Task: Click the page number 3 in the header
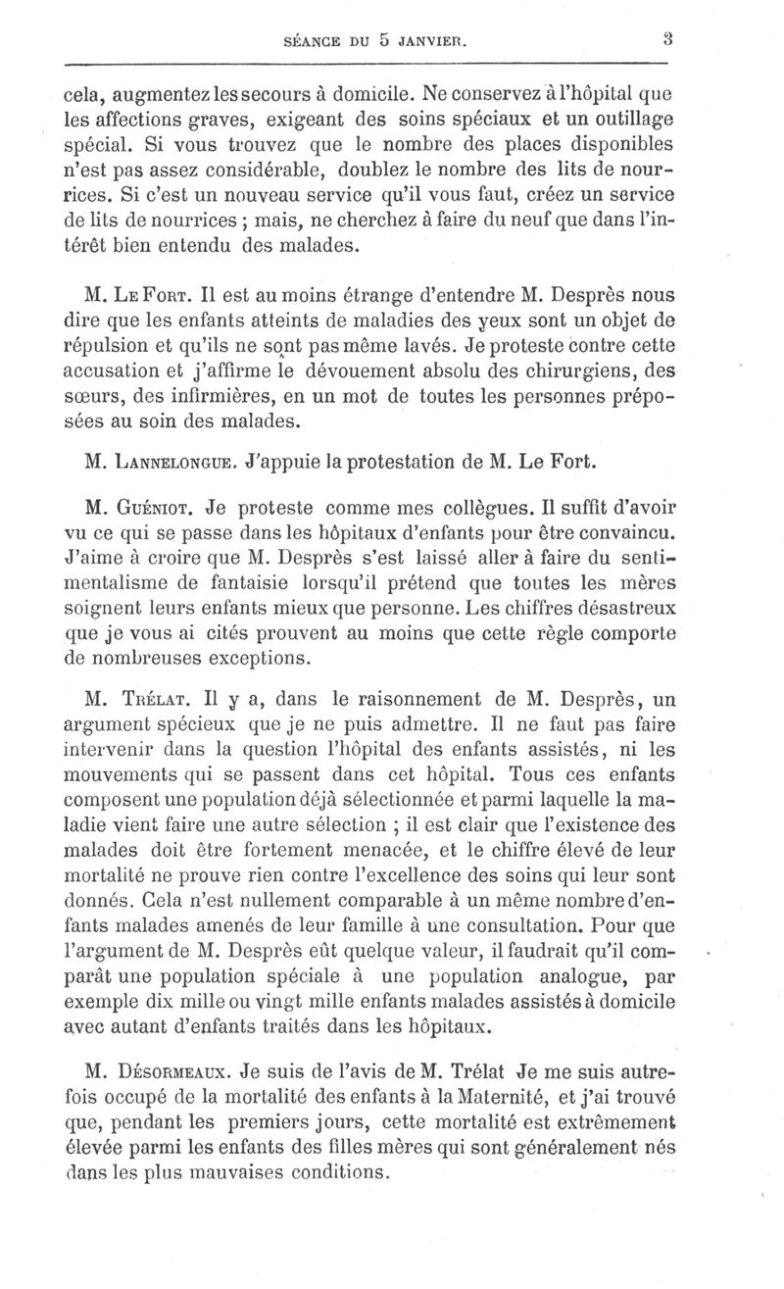(x=666, y=40)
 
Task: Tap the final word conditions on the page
(x=330, y=1171)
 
